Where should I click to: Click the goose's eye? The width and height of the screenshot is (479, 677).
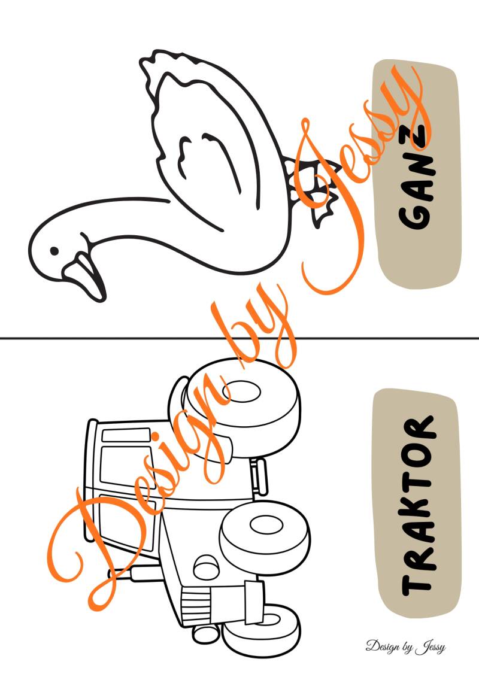(x=54, y=250)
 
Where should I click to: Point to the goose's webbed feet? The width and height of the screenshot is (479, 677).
(x=314, y=190)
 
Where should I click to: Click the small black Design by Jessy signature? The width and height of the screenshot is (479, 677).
(x=405, y=647)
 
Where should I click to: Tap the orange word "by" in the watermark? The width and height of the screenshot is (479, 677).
(x=259, y=332)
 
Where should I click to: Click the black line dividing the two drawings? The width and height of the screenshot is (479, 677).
(x=239, y=338)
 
